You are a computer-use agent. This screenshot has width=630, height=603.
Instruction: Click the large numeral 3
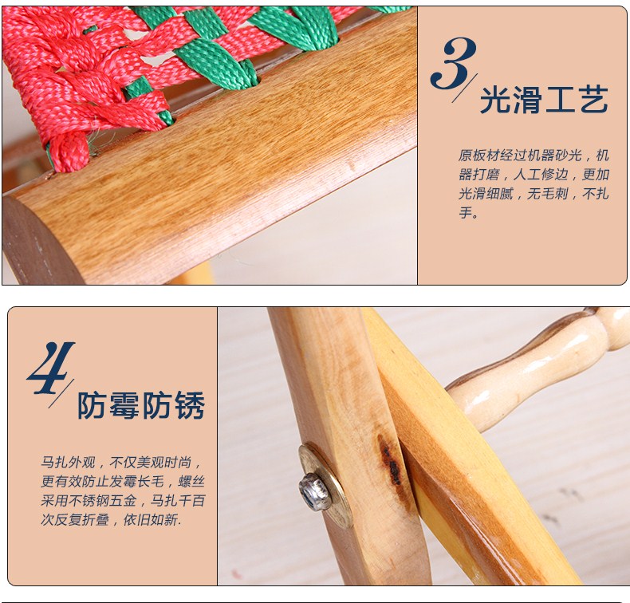(453, 63)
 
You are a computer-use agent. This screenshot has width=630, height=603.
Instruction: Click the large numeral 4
(50, 368)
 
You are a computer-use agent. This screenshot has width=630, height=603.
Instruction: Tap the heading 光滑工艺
(544, 100)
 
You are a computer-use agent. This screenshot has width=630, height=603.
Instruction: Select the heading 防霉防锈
(141, 405)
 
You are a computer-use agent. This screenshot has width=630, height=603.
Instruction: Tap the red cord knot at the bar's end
(69, 152)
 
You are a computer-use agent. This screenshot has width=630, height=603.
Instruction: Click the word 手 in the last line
(465, 213)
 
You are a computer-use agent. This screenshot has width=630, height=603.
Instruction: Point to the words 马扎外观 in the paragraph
(68, 463)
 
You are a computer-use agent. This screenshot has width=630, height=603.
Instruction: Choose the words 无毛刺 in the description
(547, 194)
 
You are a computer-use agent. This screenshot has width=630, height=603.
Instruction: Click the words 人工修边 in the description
(541, 175)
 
